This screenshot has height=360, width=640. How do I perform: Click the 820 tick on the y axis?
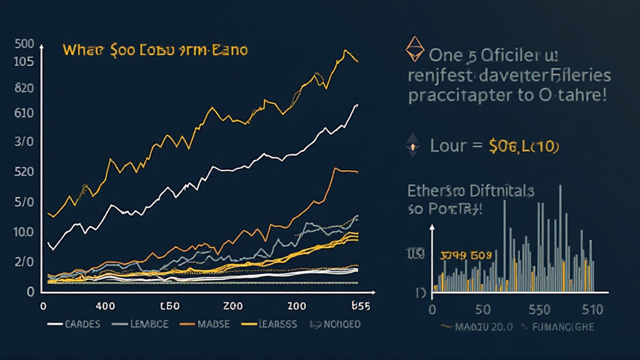pyautogui.click(x=23, y=89)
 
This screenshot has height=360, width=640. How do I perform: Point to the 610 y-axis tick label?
pyautogui.click(x=23, y=114)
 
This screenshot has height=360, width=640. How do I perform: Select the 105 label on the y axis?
pyautogui.click(x=23, y=62)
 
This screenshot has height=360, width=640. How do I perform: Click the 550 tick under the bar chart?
pyautogui.click(x=539, y=309)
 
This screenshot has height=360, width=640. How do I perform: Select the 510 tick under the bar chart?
pyautogui.click(x=592, y=309)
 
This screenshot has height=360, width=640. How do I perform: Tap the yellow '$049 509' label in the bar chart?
pyautogui.click(x=466, y=255)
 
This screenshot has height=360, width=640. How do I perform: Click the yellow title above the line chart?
pyautogui.click(x=155, y=50)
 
